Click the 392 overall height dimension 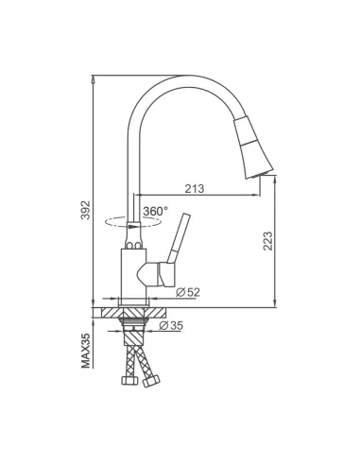click(x=84, y=205)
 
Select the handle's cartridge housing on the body click(x=151, y=274)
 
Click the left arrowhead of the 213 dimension click(x=145, y=197)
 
